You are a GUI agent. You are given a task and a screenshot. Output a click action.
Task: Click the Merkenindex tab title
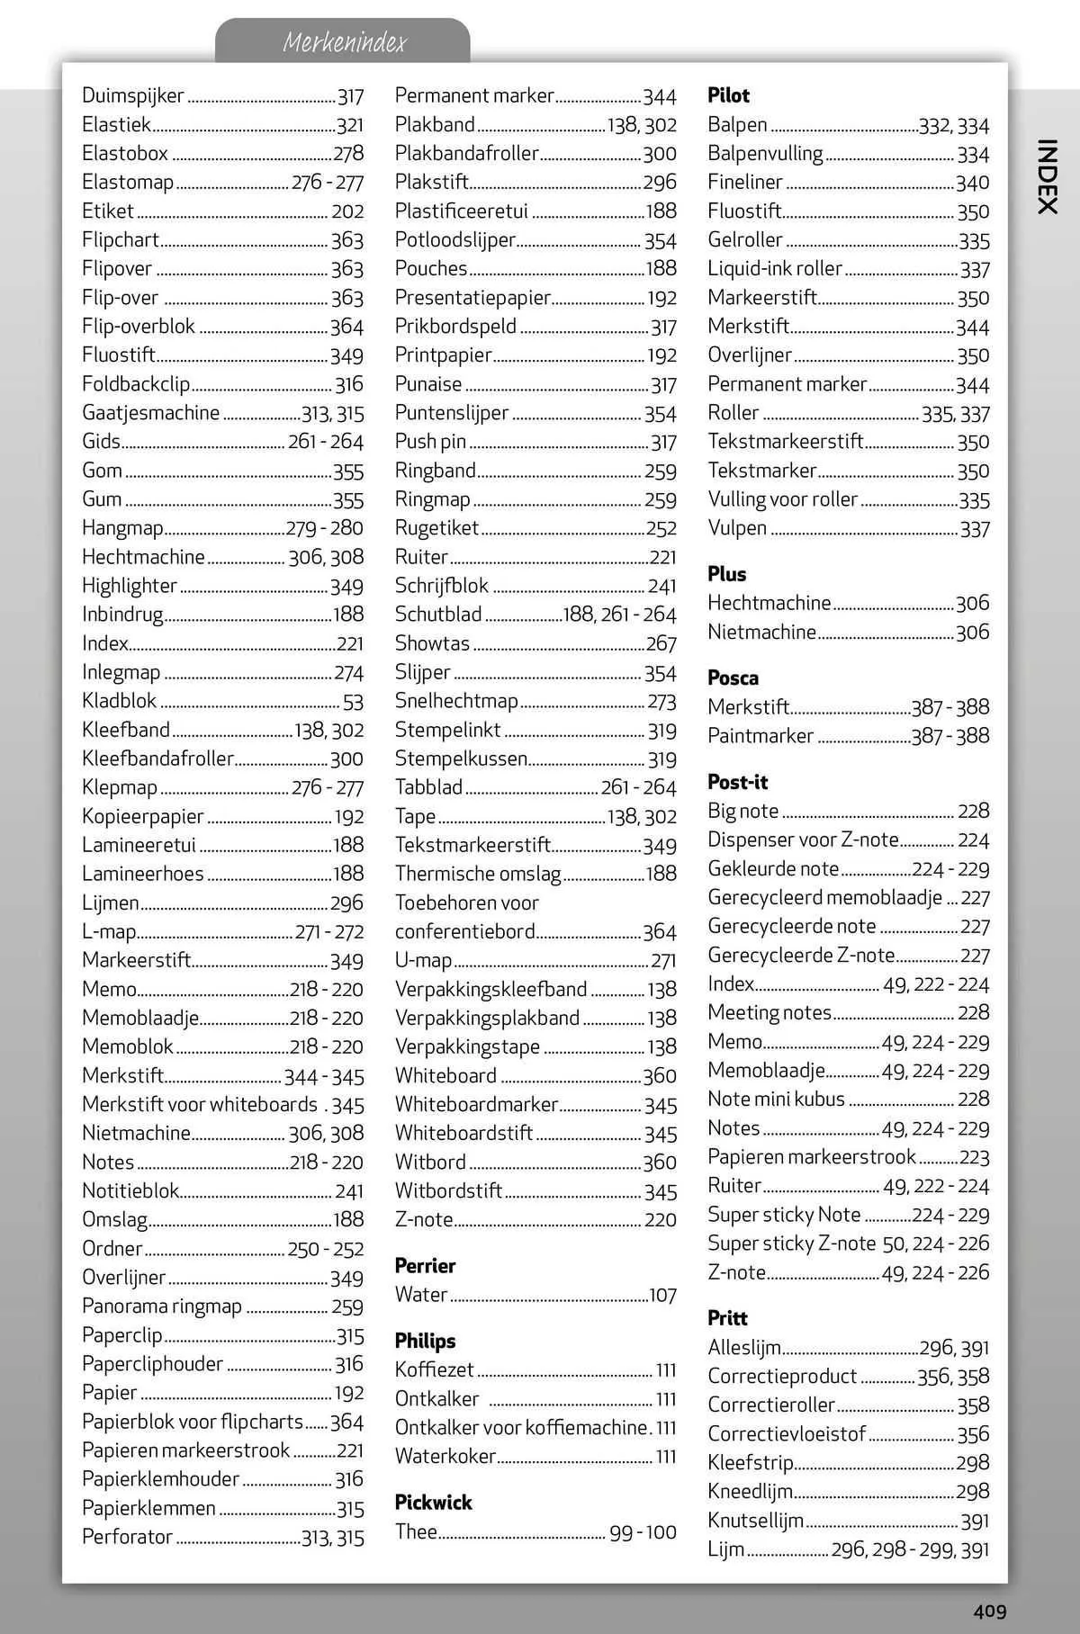click(x=344, y=42)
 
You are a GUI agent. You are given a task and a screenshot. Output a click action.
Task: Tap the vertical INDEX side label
click(x=1046, y=176)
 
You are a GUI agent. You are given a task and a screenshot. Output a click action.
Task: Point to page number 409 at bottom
click(x=989, y=1612)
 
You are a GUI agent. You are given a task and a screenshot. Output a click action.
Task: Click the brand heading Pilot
click(x=728, y=95)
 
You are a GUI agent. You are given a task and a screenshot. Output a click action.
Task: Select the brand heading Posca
click(x=733, y=678)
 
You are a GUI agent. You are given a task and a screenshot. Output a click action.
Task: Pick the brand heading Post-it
click(x=737, y=782)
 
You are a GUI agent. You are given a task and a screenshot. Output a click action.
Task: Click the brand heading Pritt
click(x=727, y=1318)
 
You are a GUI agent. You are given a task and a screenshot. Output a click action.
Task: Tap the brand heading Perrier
click(x=425, y=1265)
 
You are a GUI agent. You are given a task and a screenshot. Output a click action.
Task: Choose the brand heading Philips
click(x=425, y=1341)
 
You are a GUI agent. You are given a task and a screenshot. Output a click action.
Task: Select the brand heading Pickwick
click(x=433, y=1502)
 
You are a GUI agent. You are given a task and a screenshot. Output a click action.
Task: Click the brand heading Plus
click(x=726, y=573)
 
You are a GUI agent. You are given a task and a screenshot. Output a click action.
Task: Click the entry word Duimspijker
click(x=133, y=95)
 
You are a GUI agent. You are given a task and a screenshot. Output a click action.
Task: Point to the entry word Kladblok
click(x=119, y=701)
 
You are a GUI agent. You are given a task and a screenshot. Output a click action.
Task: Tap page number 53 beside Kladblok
click(x=353, y=702)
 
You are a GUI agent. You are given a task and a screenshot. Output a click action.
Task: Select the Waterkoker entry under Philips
click(x=445, y=1456)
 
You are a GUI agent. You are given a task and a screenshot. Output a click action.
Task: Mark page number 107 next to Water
click(x=662, y=1295)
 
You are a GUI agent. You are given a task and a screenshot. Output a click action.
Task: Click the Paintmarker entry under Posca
click(x=760, y=735)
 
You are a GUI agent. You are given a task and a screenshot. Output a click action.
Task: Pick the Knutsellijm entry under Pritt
click(x=755, y=1520)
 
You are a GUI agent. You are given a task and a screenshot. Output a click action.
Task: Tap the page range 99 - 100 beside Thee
click(x=643, y=1532)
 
